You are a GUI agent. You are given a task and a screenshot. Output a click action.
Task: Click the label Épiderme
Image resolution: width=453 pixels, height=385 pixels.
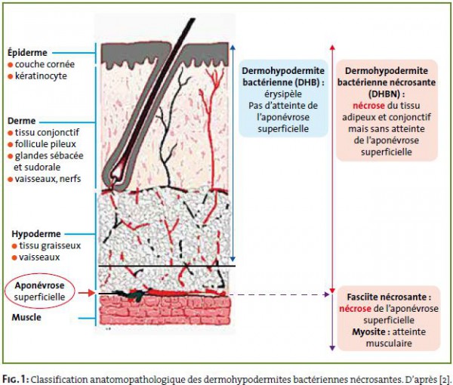(27, 53)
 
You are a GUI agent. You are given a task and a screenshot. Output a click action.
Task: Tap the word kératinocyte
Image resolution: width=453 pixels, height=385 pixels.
(41, 76)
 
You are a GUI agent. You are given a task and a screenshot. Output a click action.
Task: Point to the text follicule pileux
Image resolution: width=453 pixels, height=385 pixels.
(45, 144)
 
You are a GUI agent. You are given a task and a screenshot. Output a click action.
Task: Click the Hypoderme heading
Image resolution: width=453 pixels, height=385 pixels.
(36, 234)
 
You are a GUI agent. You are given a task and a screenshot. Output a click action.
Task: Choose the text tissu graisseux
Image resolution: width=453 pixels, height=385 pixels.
(50, 245)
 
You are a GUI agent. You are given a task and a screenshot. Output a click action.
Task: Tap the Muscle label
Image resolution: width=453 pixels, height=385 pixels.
(26, 317)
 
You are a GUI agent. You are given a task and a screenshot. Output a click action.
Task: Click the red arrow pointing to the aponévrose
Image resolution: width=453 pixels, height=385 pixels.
(87, 293)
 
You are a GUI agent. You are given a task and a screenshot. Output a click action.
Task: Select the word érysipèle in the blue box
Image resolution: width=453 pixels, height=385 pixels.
(283, 94)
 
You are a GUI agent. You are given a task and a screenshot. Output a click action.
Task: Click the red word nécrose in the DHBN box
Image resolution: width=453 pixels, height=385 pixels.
(368, 106)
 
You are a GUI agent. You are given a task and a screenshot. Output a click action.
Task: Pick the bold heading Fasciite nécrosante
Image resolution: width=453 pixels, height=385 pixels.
(389, 297)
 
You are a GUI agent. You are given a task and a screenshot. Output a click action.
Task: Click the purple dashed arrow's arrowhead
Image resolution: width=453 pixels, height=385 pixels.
(327, 294)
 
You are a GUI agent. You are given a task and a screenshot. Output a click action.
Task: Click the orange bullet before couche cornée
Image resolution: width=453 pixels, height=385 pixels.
(10, 65)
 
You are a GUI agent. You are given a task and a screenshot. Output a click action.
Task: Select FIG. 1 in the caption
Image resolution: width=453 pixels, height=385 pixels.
(15, 379)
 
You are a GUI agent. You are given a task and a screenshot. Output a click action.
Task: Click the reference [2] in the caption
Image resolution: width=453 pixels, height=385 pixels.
(445, 379)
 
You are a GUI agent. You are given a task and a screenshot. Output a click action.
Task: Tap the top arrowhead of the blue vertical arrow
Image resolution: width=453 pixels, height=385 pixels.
(233, 47)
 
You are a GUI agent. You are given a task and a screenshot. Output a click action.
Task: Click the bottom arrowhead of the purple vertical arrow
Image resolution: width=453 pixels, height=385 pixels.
(332, 348)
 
